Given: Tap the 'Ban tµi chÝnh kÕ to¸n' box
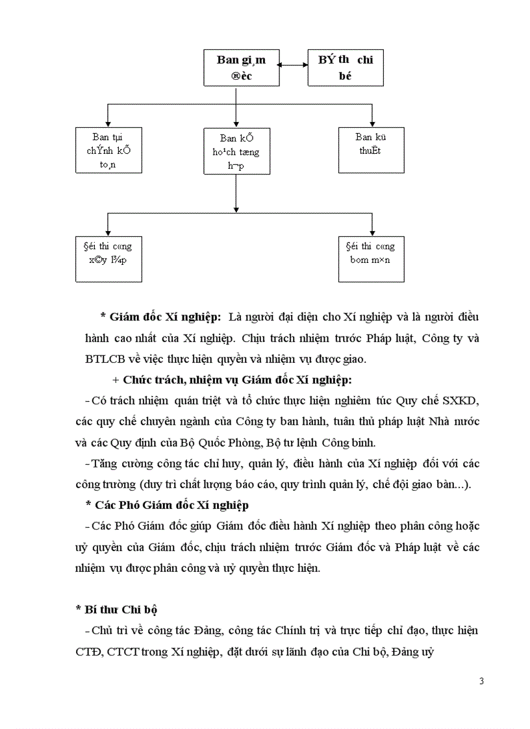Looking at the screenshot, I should [x=108, y=151].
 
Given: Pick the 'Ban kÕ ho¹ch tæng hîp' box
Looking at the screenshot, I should [x=236, y=151].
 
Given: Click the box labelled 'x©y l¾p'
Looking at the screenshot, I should [x=108, y=258].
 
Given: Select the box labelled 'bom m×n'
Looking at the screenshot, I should [x=372, y=258].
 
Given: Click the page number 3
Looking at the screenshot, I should [x=481, y=681].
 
